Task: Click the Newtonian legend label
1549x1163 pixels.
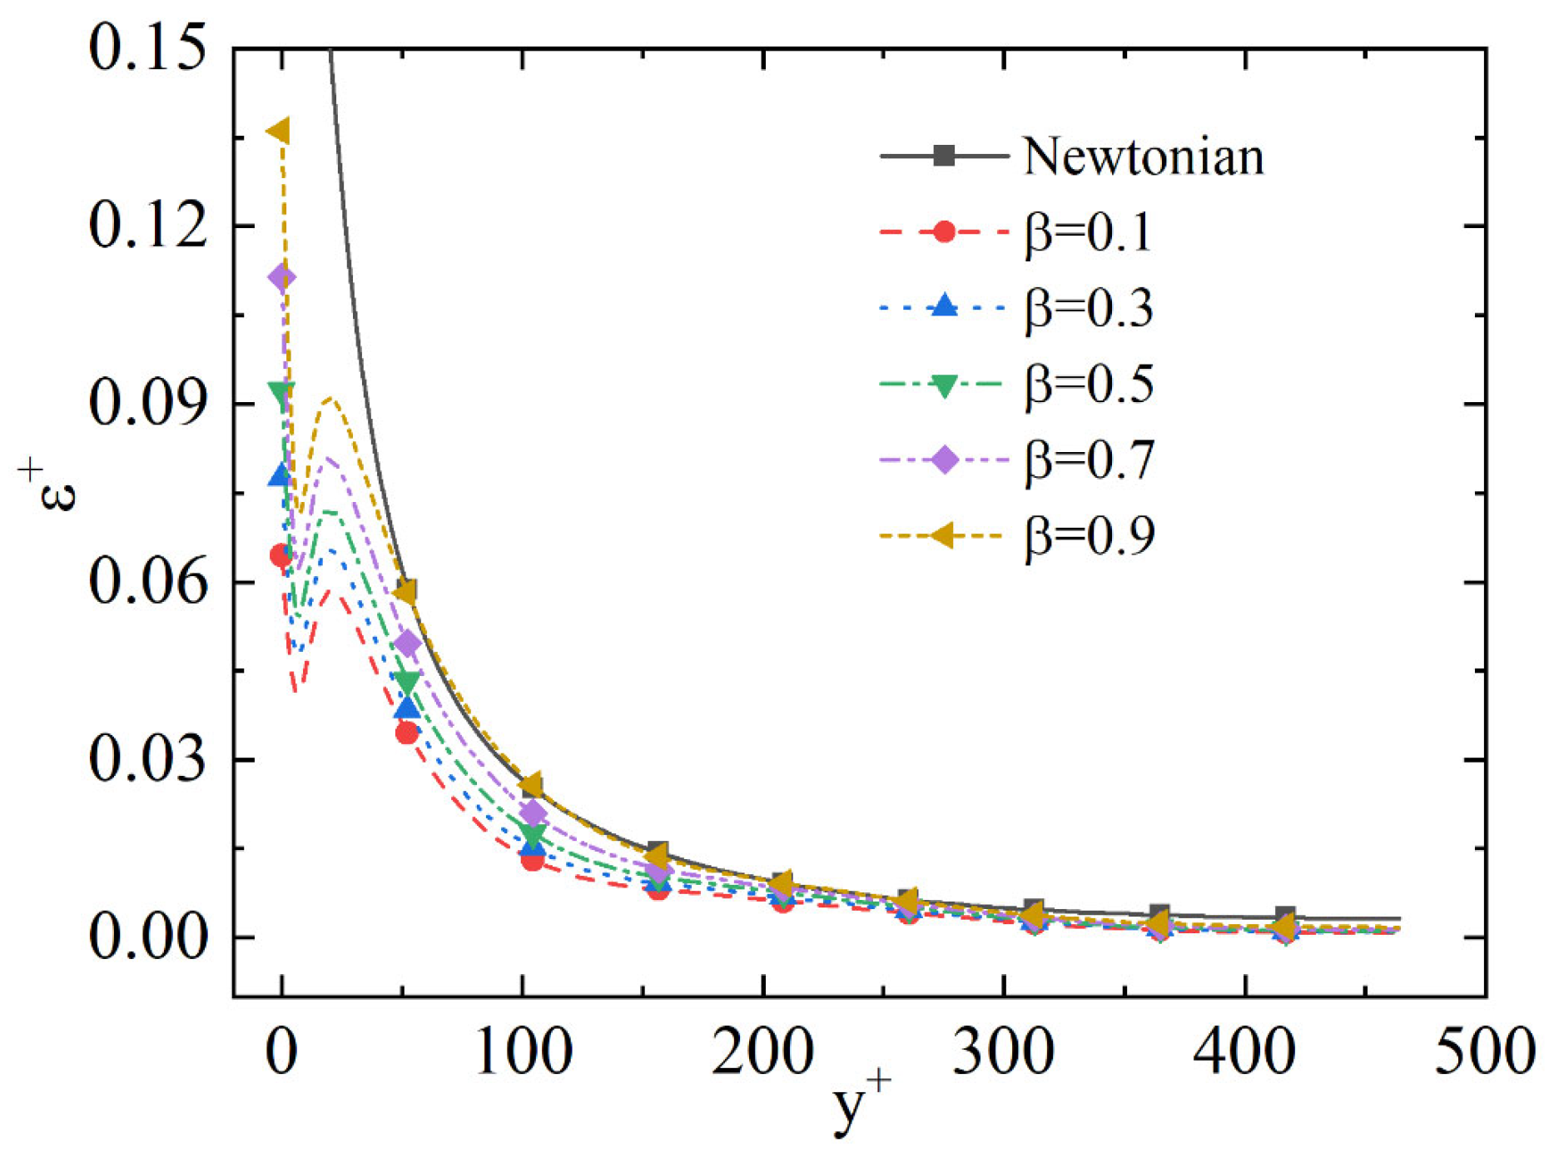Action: tap(1143, 157)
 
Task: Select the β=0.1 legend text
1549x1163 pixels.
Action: tap(1089, 232)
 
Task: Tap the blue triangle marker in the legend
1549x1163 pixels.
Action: tap(943, 307)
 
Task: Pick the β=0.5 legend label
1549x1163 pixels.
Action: tap(1089, 384)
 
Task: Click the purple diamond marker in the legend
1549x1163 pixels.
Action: tap(944, 460)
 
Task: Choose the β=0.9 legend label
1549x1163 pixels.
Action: tap(1089, 535)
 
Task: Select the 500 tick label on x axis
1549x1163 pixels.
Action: tap(1484, 1051)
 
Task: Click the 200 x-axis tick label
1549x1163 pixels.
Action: tap(762, 1051)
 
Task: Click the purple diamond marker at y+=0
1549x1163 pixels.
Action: tap(281, 277)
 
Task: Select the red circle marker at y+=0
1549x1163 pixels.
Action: tap(281, 555)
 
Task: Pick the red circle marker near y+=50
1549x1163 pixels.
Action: tap(406, 733)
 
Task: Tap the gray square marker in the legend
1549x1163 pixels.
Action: tap(943, 156)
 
